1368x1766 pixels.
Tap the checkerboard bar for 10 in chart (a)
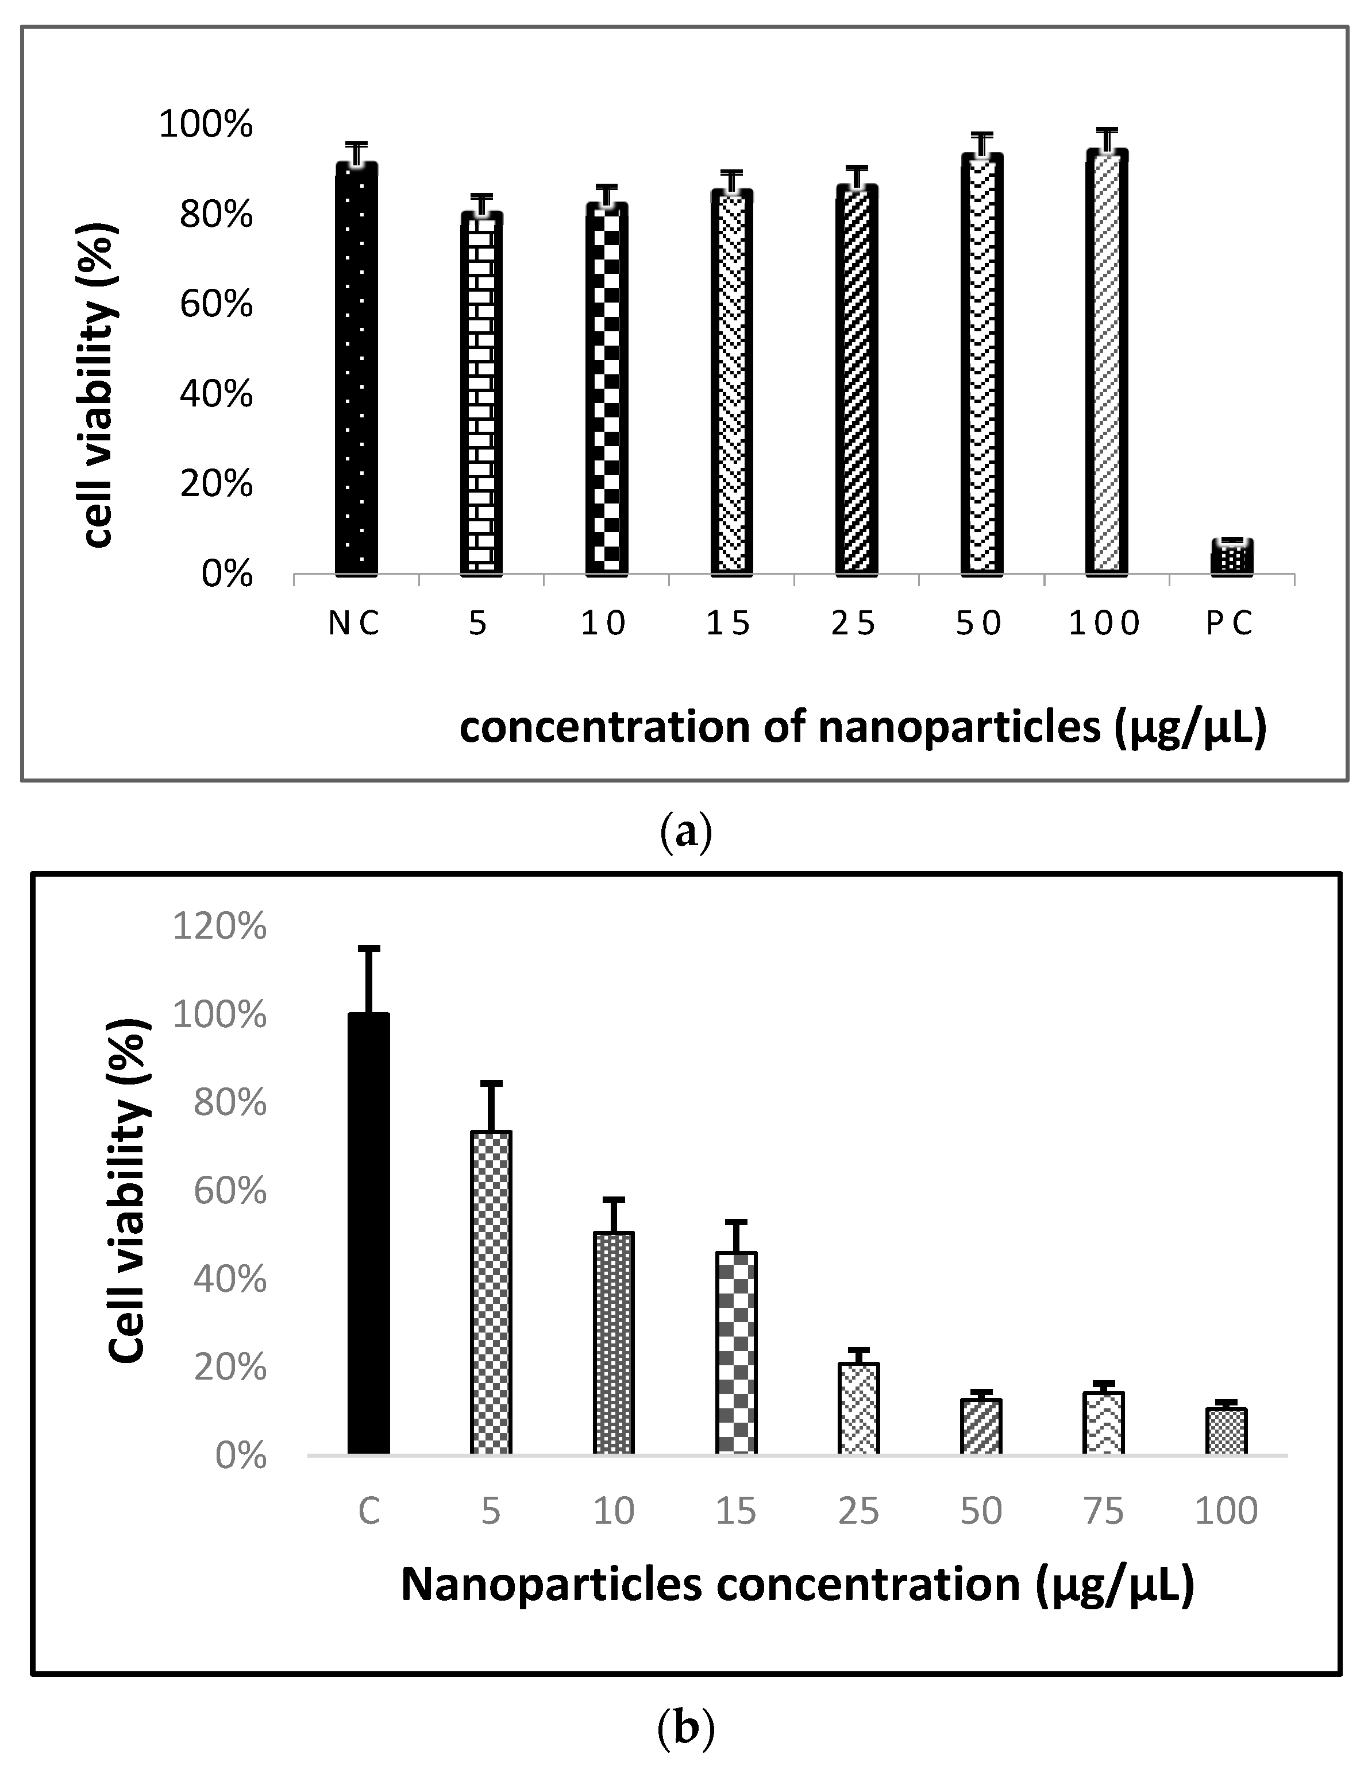point(607,389)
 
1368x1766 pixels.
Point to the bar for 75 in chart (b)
point(1104,1423)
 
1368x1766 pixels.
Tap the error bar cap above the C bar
point(369,948)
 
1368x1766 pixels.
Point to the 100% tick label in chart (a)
point(206,125)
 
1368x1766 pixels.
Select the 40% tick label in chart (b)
point(230,1280)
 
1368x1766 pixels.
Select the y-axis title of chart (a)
point(101,386)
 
